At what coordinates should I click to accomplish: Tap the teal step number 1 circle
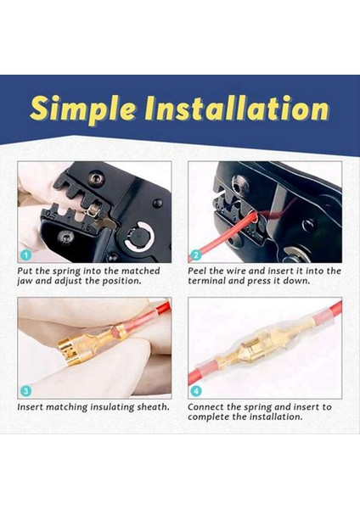tap(25, 255)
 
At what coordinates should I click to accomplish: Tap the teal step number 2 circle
tap(195, 255)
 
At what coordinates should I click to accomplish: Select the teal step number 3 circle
tap(25, 391)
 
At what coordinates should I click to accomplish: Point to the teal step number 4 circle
tap(195, 391)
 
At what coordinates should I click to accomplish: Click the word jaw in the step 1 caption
tap(25, 282)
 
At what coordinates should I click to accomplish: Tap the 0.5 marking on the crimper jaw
tap(51, 215)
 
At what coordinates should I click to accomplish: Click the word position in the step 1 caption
tap(121, 281)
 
